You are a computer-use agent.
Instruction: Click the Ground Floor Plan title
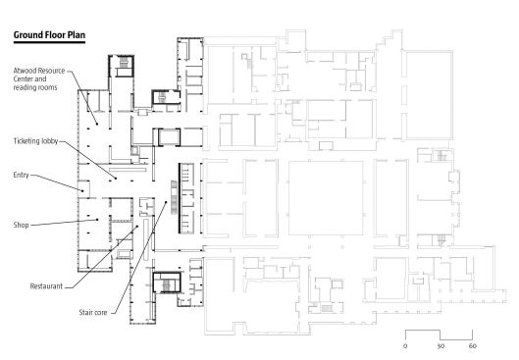click(x=49, y=35)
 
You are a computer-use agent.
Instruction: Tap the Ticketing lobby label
click(x=35, y=141)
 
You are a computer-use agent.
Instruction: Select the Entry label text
click(x=21, y=175)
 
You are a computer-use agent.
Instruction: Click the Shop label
click(x=21, y=225)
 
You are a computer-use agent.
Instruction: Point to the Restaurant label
click(x=46, y=286)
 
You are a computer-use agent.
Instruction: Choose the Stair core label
click(x=93, y=312)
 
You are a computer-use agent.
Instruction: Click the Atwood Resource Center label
click(x=39, y=79)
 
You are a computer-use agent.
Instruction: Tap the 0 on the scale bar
click(x=405, y=346)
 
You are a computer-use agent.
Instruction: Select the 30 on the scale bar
click(x=441, y=346)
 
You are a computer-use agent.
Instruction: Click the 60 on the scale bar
click(x=473, y=346)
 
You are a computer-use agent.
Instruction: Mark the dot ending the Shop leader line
click(x=97, y=220)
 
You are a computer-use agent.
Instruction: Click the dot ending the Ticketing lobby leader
click(x=116, y=179)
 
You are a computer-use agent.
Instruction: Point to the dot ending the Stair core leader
click(x=166, y=202)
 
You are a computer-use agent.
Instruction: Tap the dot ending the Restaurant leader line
click(x=137, y=227)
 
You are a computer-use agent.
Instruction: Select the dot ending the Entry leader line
click(x=82, y=190)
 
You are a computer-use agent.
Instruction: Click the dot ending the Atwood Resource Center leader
click(x=97, y=124)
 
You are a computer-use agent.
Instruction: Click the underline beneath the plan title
click(x=49, y=42)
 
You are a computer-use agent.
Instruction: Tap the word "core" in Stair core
click(x=100, y=313)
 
